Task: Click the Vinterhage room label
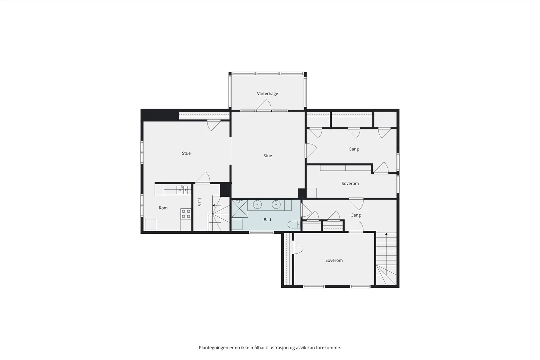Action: coord(267,93)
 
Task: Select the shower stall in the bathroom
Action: coord(240,209)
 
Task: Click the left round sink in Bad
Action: coord(258,204)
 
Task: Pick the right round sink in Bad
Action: coord(276,204)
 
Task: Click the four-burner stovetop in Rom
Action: coord(186,214)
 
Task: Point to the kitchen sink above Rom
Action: coord(182,190)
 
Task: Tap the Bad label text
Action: coord(267,220)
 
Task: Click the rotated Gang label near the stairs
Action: coord(199,202)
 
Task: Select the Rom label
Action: coord(163,208)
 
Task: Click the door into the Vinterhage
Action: coord(264,106)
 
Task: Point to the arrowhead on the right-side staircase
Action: coord(386,234)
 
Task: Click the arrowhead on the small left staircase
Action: coord(214,205)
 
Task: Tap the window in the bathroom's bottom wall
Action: coord(261,232)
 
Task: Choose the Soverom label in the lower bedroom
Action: coord(334,260)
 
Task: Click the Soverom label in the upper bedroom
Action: coord(350,183)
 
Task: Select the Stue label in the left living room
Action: coord(186,153)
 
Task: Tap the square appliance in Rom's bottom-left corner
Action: coord(151,224)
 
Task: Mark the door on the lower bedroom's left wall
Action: coord(297,247)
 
